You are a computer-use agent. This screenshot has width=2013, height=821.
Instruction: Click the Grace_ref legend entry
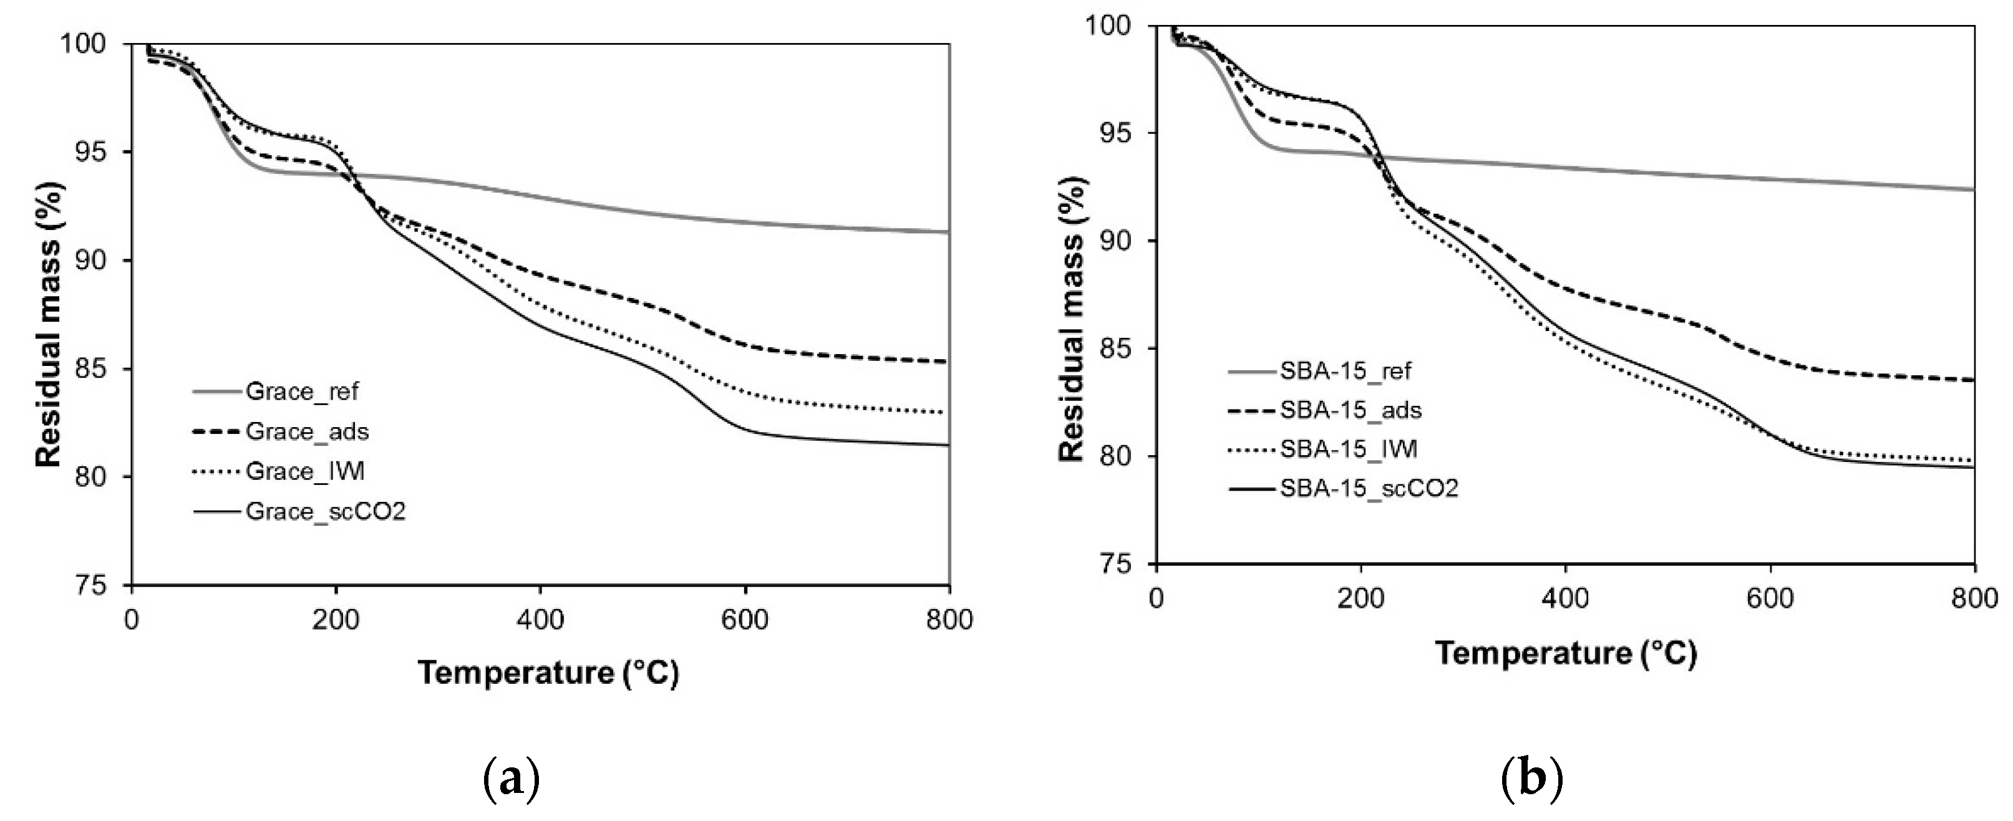[301, 391]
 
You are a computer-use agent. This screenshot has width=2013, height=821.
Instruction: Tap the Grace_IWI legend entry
[305, 472]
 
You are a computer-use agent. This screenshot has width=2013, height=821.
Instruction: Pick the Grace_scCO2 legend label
[325, 512]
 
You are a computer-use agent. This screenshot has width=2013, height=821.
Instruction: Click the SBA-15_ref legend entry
[1345, 370]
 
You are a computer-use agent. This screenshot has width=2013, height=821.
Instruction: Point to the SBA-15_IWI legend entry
[1348, 449]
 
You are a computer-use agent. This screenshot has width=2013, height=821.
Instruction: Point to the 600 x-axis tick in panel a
[745, 620]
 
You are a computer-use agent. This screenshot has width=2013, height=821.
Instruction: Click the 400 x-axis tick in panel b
[1565, 599]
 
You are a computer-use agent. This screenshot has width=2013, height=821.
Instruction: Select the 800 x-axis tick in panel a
[949, 620]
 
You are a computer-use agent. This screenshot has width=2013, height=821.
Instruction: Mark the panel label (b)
[1531, 779]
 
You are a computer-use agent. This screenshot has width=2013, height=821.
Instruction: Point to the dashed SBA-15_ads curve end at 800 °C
[1972, 380]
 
